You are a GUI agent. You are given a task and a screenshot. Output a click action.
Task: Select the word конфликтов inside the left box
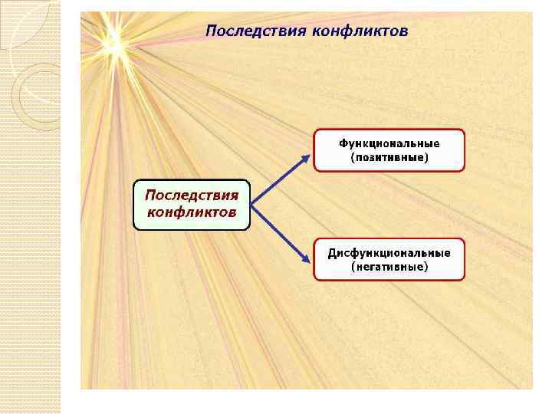191,211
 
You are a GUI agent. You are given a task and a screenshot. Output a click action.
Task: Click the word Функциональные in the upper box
389,143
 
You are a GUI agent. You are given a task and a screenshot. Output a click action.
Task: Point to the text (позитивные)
389,157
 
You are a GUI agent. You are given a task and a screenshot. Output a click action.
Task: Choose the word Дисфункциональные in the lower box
389,253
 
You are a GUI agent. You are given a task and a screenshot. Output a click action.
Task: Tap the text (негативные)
389,267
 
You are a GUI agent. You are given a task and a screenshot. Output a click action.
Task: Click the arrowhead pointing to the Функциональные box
307,159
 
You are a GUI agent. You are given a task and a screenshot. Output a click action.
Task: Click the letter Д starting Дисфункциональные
332,254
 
